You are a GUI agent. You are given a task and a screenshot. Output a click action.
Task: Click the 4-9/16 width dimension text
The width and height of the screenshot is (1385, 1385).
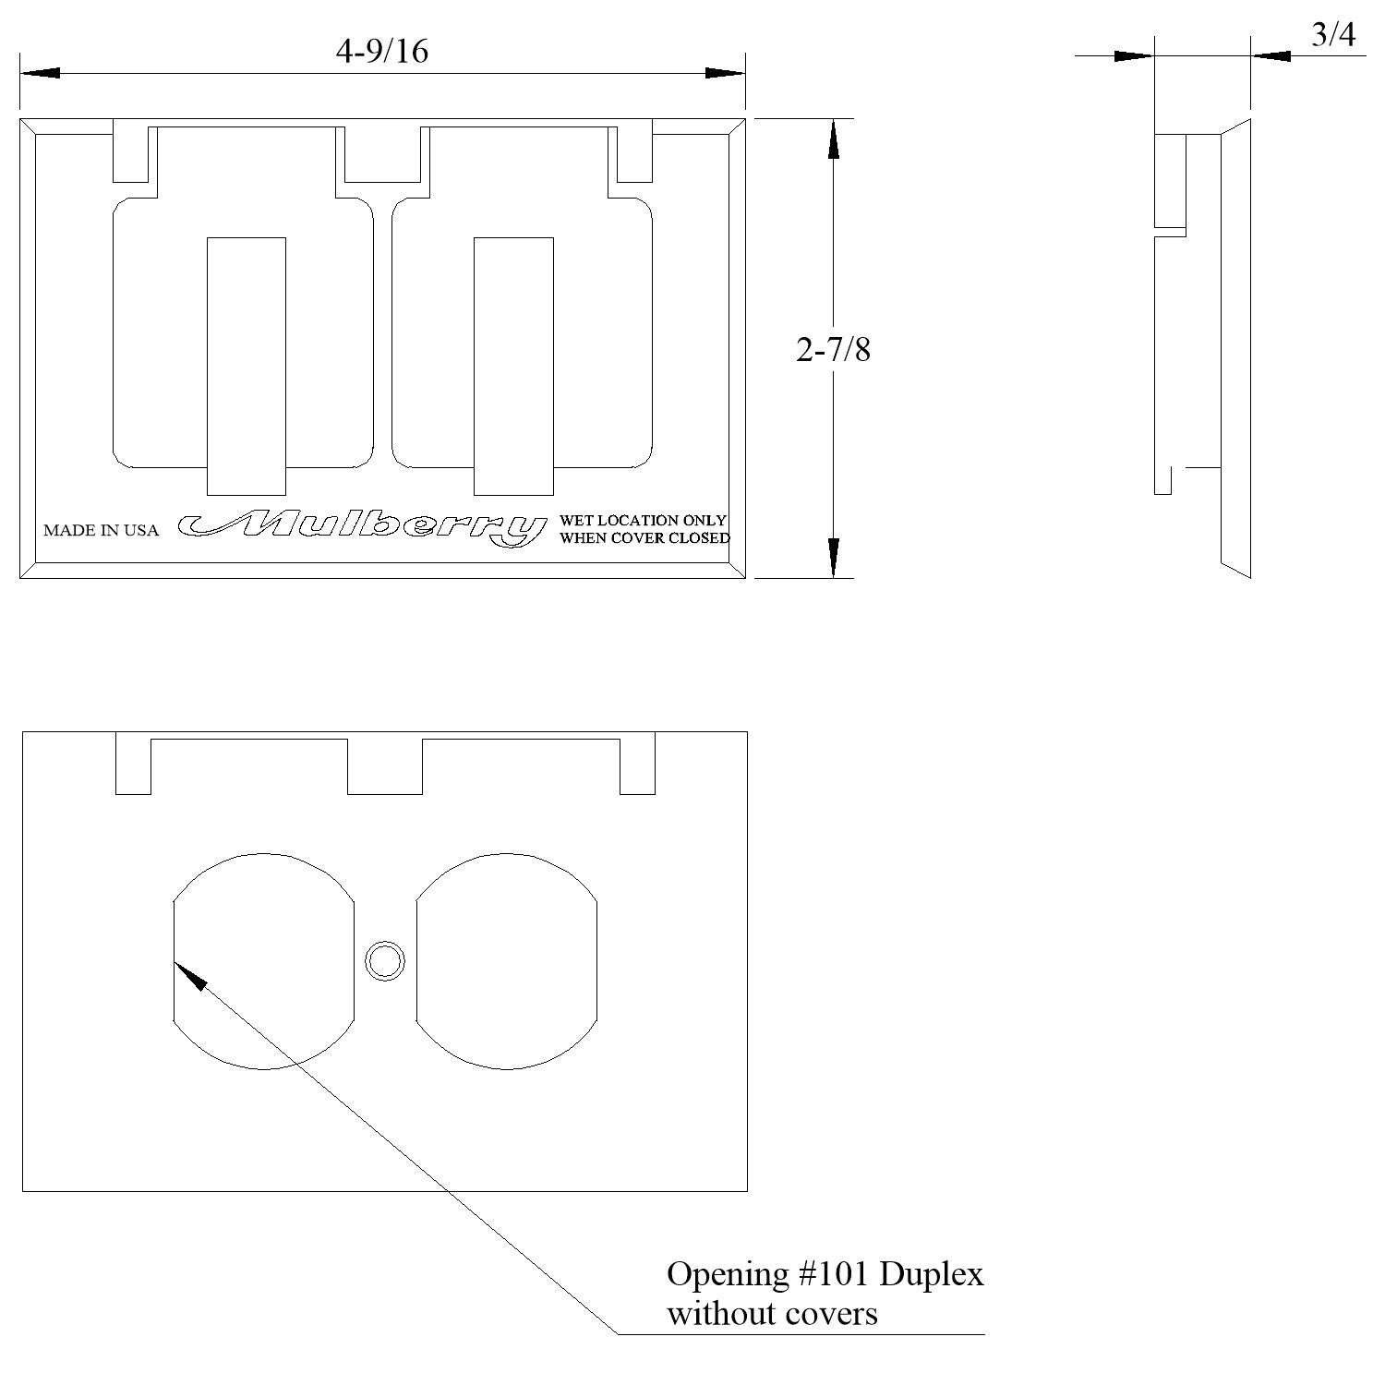click(381, 51)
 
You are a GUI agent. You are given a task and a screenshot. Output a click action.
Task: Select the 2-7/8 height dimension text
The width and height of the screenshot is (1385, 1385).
click(833, 350)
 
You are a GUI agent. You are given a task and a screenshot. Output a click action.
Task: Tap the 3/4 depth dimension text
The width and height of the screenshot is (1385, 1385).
click(1333, 35)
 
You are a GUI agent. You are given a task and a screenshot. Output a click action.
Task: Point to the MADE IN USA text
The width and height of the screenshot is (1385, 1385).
click(101, 530)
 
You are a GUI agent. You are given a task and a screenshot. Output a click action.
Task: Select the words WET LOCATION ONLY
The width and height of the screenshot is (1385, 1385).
click(643, 521)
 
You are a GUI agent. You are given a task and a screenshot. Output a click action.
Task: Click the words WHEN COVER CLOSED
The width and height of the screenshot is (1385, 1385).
click(644, 538)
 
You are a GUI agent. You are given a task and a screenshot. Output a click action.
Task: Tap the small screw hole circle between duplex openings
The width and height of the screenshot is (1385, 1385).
click(385, 961)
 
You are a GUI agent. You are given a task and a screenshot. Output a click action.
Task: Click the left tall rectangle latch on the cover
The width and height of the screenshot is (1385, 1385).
click(246, 367)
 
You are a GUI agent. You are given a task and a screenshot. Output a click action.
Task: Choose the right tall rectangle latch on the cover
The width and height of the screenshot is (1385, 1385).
click(513, 367)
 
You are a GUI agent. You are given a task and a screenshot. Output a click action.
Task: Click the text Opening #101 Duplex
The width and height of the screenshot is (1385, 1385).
click(825, 1274)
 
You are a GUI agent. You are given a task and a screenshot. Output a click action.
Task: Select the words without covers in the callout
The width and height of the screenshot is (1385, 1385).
click(772, 1313)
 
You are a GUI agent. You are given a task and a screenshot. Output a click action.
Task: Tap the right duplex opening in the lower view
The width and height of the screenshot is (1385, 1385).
click(507, 961)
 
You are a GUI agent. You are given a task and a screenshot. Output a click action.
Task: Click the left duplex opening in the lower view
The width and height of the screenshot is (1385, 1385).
click(264, 961)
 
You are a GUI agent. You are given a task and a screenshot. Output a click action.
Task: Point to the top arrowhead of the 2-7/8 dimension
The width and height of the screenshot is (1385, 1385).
click(833, 138)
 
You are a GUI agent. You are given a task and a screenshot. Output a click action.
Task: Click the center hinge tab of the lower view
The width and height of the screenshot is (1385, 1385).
click(385, 766)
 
